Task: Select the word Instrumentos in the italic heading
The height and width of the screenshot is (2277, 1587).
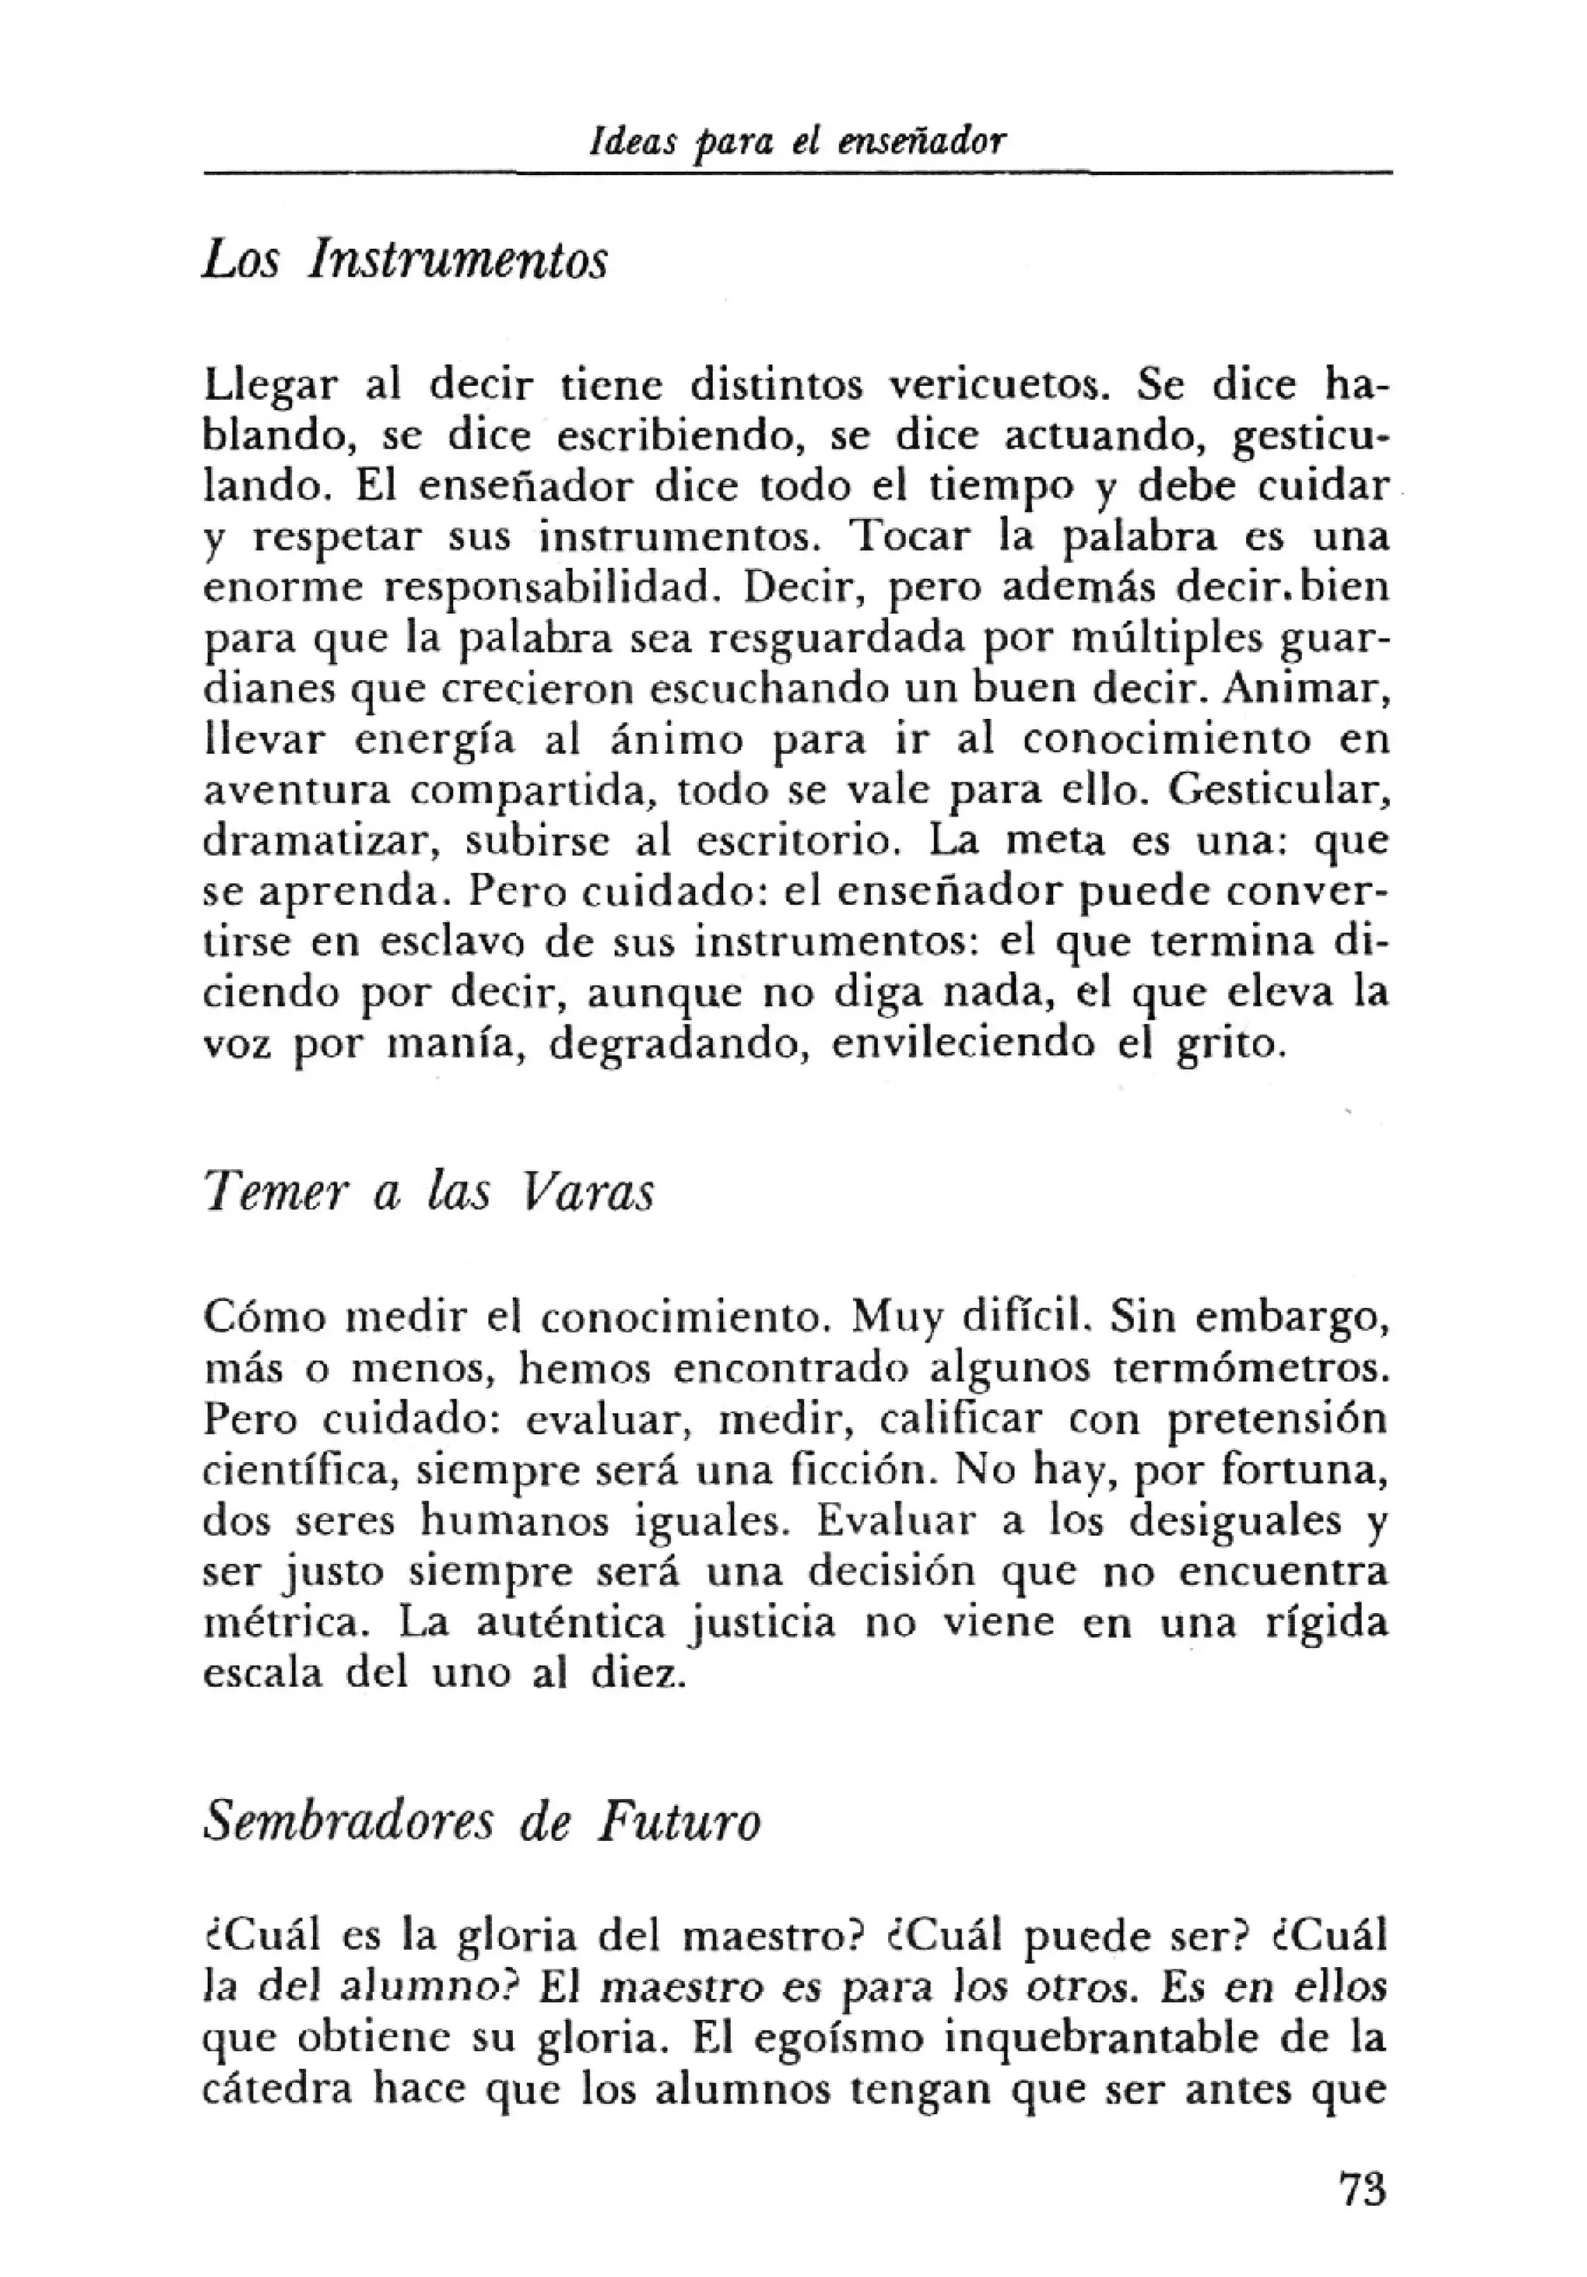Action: coord(457,262)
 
